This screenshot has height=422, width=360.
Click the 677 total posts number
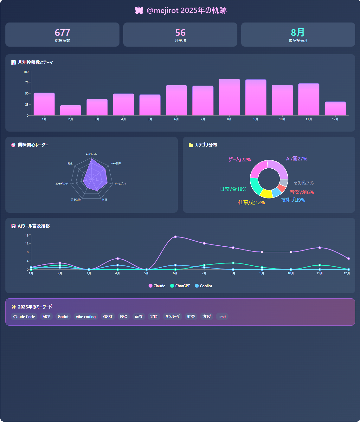pyautogui.click(x=62, y=33)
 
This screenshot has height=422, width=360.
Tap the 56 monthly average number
pyautogui.click(x=180, y=33)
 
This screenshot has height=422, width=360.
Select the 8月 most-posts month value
pyautogui.click(x=298, y=33)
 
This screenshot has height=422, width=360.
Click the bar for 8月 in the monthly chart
pyautogui.click(x=229, y=97)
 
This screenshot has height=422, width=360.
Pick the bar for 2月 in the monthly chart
pyautogui.click(x=71, y=110)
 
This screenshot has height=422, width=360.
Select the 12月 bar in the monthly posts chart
pyautogui.click(x=335, y=108)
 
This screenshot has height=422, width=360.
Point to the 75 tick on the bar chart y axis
pyautogui.click(x=27, y=82)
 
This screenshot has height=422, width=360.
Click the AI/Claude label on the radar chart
pyautogui.click(x=92, y=154)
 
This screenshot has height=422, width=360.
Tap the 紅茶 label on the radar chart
pyautogui.click(x=70, y=163)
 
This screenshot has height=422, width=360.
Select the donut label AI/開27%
pyautogui.click(x=297, y=159)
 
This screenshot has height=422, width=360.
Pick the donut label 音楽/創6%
pyautogui.click(x=302, y=192)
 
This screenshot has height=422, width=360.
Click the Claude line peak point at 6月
pyautogui.click(x=175, y=237)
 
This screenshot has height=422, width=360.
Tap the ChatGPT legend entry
pyautogui.click(x=180, y=286)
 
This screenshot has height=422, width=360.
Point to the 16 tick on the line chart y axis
pyautogui.click(x=27, y=235)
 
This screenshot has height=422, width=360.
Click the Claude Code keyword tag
pyautogui.click(x=24, y=317)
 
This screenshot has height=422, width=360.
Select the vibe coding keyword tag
pyautogui.click(x=86, y=317)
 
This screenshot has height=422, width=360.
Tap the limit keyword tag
pyautogui.click(x=222, y=317)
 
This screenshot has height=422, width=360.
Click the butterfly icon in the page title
pyautogui.click(x=139, y=10)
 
